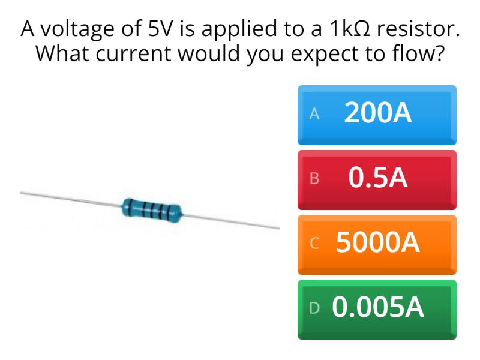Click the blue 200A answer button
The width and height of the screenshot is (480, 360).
[377, 115]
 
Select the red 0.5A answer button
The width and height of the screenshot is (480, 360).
[377, 179]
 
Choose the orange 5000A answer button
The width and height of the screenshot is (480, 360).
[377, 244]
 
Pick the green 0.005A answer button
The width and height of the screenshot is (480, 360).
[377, 308]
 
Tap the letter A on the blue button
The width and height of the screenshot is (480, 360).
[313, 115]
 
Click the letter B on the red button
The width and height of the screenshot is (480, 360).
[313, 179]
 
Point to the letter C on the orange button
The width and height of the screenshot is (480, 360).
[312, 244]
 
